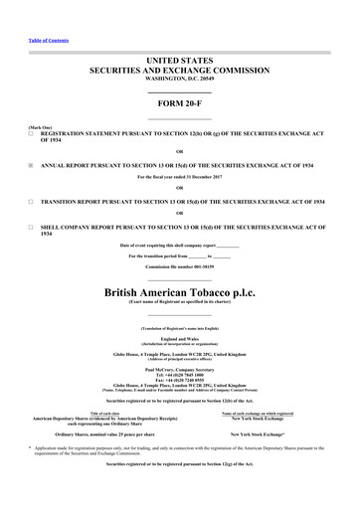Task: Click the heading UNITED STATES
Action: (179, 61)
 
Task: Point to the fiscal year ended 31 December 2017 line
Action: (179, 178)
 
